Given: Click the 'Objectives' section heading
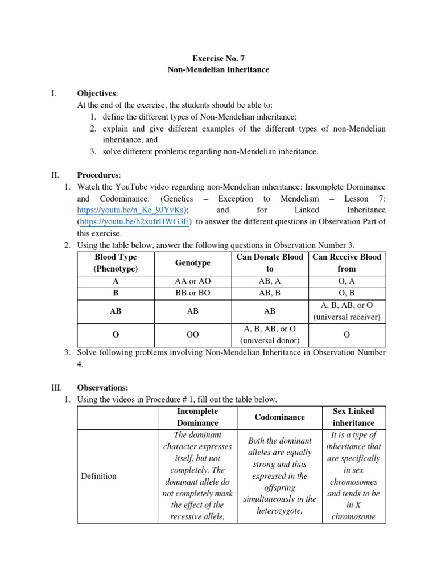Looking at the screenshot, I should coord(96,93).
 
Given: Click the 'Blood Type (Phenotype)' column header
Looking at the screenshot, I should coord(116,262).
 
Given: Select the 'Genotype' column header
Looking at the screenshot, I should coord(193,262).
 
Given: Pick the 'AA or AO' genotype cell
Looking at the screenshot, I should coord(193,281).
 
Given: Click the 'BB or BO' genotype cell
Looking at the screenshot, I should coord(193,293).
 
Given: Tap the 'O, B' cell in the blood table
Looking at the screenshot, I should coord(347,293).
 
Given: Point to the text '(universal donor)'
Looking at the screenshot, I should coord(270,340).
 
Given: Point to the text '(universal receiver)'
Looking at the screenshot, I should coord(347,317).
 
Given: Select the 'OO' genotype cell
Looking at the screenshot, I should coord(193,335).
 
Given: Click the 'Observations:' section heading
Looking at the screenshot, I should coord(102,387).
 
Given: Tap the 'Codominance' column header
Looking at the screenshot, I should coord(279,417).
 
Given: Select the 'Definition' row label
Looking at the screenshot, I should coord(99,476).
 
